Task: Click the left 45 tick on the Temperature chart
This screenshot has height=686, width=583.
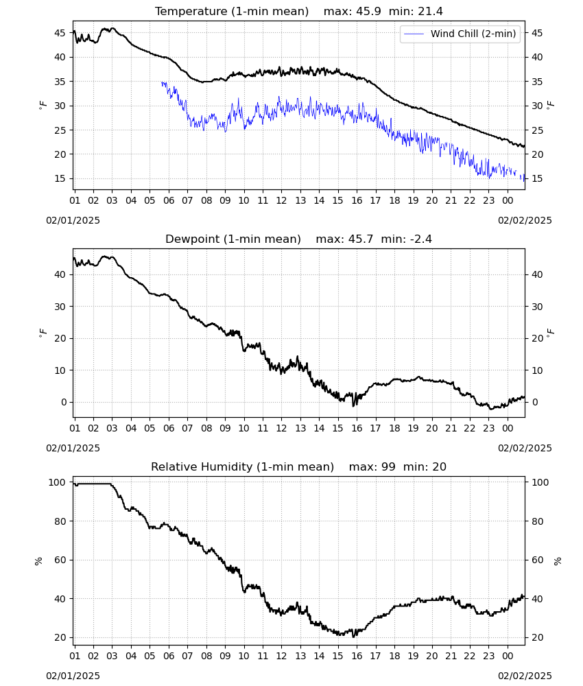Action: point(60,33)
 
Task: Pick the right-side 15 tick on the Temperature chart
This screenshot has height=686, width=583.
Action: point(537,179)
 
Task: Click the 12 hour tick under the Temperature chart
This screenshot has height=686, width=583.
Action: point(281,201)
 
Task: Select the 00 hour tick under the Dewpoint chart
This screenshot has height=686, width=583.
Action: point(508,428)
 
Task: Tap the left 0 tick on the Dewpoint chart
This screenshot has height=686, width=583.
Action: point(64,403)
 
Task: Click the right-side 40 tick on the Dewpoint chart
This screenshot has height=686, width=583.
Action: point(537,275)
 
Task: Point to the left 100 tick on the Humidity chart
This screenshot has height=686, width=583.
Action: point(57,482)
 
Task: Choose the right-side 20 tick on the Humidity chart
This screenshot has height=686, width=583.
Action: point(537,638)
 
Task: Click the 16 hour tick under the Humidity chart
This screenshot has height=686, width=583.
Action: point(357,657)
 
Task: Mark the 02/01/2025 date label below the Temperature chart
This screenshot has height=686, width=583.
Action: point(73,220)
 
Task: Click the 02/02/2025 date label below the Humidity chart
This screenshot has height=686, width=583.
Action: point(525,676)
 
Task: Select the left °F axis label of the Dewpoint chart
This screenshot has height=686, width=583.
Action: point(43,333)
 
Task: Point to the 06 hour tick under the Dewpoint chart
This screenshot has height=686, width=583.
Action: point(169,428)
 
